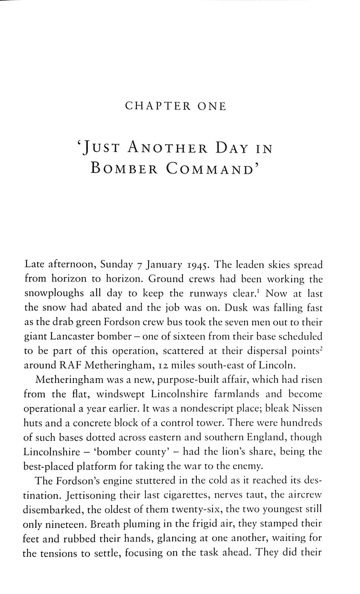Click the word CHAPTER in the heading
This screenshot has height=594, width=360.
click(x=158, y=106)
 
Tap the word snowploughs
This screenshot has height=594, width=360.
click(x=54, y=294)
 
